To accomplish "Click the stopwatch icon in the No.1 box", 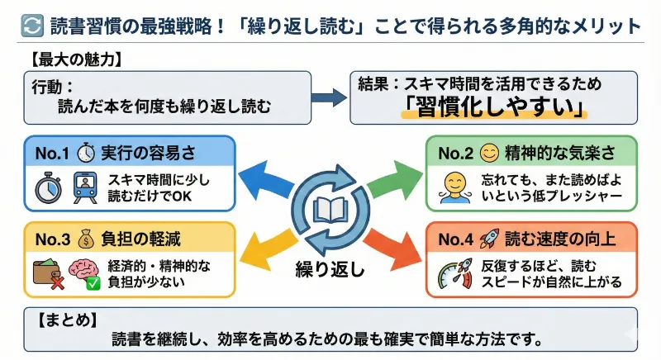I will (x=46, y=187).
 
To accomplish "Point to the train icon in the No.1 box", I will (x=83, y=187).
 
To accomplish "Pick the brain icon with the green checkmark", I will (x=84, y=274).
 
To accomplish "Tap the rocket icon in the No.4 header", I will (x=490, y=239).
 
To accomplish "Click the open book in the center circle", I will (x=330, y=211).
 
